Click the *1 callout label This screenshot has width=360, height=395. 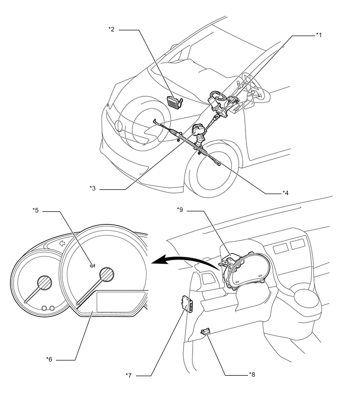(x=319, y=35)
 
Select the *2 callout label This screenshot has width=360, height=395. (x=111, y=29)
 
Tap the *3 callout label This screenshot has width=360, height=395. (x=93, y=188)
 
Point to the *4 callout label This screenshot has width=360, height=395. (x=285, y=193)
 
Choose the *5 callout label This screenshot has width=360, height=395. (x=36, y=210)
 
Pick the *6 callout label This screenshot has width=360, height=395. (x=49, y=359)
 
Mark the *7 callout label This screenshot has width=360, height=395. (x=129, y=375)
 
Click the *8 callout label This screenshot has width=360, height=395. (x=252, y=375)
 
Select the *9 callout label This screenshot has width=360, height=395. (x=180, y=210)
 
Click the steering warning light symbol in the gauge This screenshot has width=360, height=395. (x=93, y=265)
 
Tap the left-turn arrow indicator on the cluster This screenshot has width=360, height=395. (x=62, y=243)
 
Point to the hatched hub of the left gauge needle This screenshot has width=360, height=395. (x=44, y=283)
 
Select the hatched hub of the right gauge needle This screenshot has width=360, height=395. (x=107, y=274)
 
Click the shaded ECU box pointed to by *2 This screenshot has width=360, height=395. (x=175, y=102)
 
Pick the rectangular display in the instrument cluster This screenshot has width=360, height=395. (x=121, y=302)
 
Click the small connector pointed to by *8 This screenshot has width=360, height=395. (x=206, y=332)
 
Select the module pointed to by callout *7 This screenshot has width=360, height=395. (x=187, y=303)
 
